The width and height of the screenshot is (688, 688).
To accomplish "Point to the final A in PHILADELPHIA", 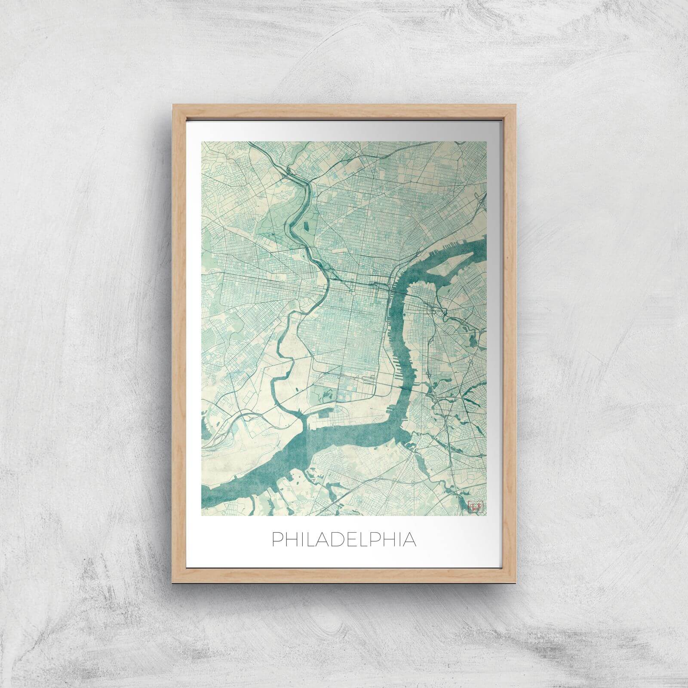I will coord(409,540).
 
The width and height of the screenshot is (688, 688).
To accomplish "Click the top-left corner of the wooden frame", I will coord(173,104).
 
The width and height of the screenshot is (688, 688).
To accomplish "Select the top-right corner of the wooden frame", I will coord(516,104).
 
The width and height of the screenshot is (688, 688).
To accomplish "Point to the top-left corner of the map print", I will coord(202,141).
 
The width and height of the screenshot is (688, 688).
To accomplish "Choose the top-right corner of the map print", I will coord(486,141).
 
